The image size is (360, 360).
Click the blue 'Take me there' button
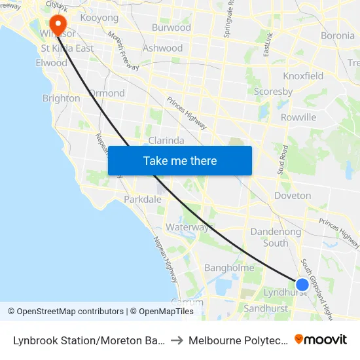point(179,160)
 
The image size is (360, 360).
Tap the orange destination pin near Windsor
point(58,25)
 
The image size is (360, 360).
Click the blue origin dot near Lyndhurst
point(302,284)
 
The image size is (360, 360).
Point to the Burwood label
point(171,27)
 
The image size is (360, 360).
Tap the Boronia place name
point(338,35)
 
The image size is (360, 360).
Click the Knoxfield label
point(303,76)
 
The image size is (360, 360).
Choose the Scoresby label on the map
point(273,92)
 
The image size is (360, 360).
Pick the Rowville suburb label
point(298,117)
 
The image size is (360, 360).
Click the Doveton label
point(293,195)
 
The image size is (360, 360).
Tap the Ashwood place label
point(162,48)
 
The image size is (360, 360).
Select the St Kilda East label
point(67,48)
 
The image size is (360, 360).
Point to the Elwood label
point(52,63)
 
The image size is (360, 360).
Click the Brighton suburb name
point(61,98)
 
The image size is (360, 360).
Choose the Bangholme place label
point(229,267)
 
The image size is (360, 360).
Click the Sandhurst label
point(264,308)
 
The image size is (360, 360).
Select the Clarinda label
point(166,140)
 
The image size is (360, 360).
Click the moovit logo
point(321,339)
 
